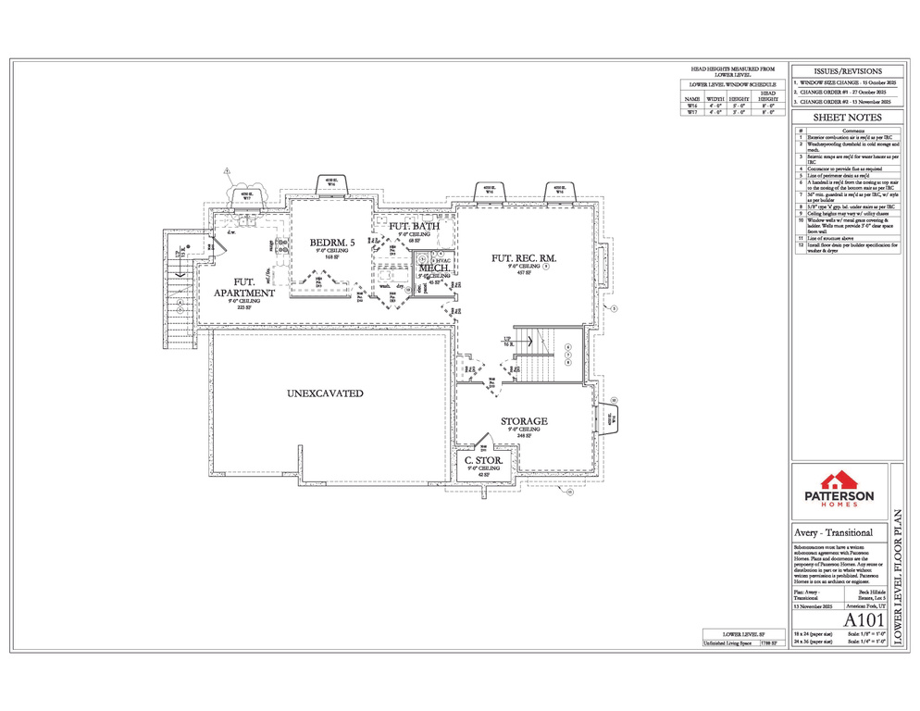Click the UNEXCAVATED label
pos(325,393)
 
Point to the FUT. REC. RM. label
pos(524,258)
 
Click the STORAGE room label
pos(524,421)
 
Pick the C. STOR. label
pos(483,460)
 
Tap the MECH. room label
pos(434,268)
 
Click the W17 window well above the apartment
pos(247,195)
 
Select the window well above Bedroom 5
pos(331,183)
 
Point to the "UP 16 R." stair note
pos(508,341)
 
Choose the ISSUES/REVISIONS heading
pos(846,71)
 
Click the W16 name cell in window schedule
pos(692,106)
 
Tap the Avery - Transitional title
pos(834,533)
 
